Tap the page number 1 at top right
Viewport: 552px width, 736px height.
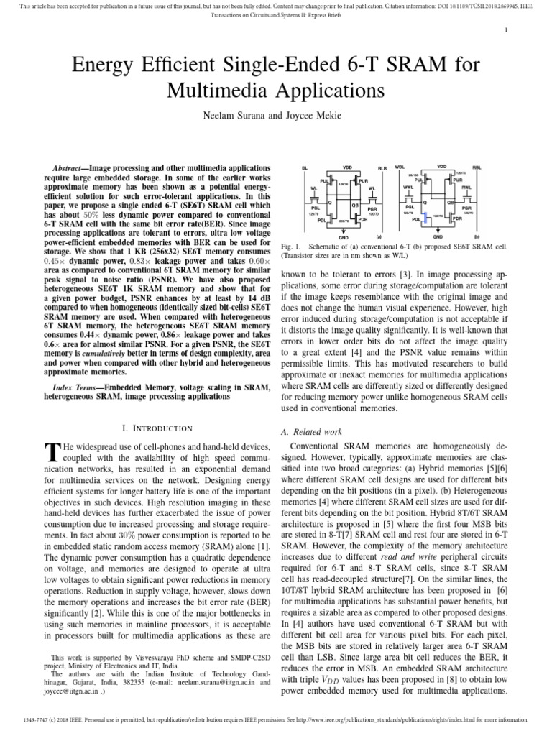tap(507, 29)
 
